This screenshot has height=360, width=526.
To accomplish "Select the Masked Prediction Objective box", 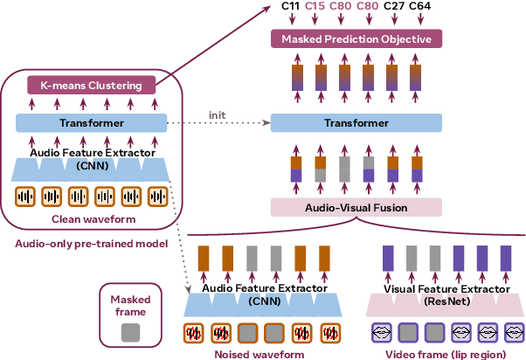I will click(356, 39).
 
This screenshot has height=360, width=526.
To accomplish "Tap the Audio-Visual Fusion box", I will click(356, 208).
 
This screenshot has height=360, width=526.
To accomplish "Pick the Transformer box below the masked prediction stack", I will click(356, 124).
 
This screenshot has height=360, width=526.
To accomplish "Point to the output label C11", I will click(291, 8).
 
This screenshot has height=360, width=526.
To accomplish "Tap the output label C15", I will click(316, 8).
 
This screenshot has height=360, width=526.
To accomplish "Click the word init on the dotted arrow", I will click(218, 114).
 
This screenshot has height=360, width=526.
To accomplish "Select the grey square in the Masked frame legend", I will click(129, 330).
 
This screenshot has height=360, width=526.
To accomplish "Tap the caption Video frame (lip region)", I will click(446, 354).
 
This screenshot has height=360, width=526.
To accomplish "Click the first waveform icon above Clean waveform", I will click(25, 197).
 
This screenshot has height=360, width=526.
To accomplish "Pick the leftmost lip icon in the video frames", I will click(381, 332).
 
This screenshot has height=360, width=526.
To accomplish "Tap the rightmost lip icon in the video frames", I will click(511, 332).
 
